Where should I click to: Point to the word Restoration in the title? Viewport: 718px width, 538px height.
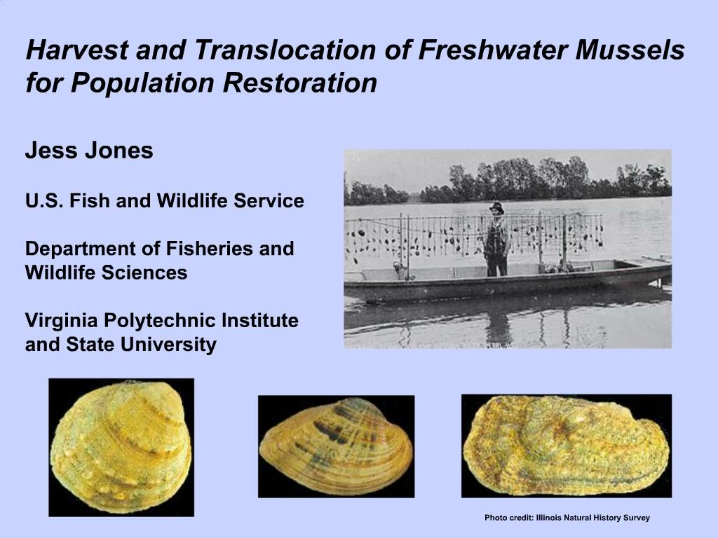coord(301,83)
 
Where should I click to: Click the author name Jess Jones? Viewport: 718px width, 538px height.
coord(89,151)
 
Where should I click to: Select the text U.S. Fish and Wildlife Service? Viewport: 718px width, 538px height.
coord(165,202)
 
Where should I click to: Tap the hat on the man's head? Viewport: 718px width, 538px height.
coord(497,207)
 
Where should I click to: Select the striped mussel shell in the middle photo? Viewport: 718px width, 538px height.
coord(336,446)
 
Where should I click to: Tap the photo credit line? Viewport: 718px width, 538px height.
coord(567,518)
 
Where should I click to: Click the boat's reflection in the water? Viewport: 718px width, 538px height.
coord(505,319)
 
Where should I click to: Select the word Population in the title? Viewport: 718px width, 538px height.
coord(144,83)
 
